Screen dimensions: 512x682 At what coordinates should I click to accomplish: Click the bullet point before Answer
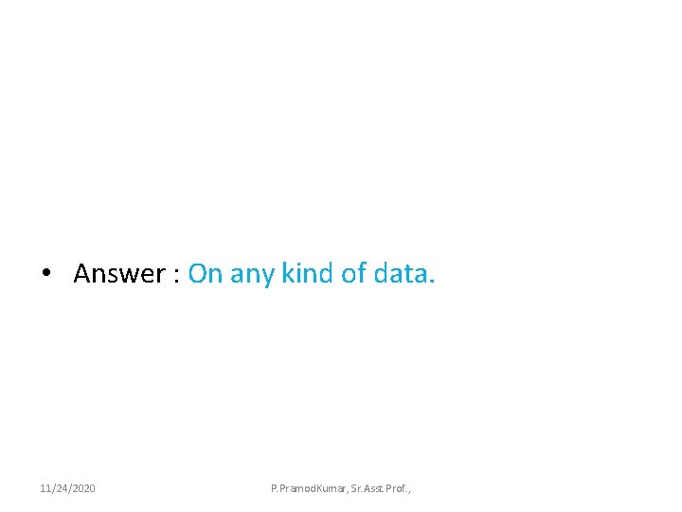coord(45,274)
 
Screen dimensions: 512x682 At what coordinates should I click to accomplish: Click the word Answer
coord(119,274)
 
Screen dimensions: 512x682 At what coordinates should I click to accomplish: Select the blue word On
coord(204,274)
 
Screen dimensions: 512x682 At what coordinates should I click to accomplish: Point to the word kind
coord(307,274)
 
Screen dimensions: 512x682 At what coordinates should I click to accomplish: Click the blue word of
coord(354,274)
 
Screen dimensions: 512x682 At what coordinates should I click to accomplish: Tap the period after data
coord(433,282)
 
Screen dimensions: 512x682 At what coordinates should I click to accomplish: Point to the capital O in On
coord(198,274)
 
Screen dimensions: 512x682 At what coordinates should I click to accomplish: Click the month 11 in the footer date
coord(45,488)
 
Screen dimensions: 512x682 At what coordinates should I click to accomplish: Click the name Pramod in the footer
coord(296,488)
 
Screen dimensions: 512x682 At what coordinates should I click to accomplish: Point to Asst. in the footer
coord(380,488)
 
